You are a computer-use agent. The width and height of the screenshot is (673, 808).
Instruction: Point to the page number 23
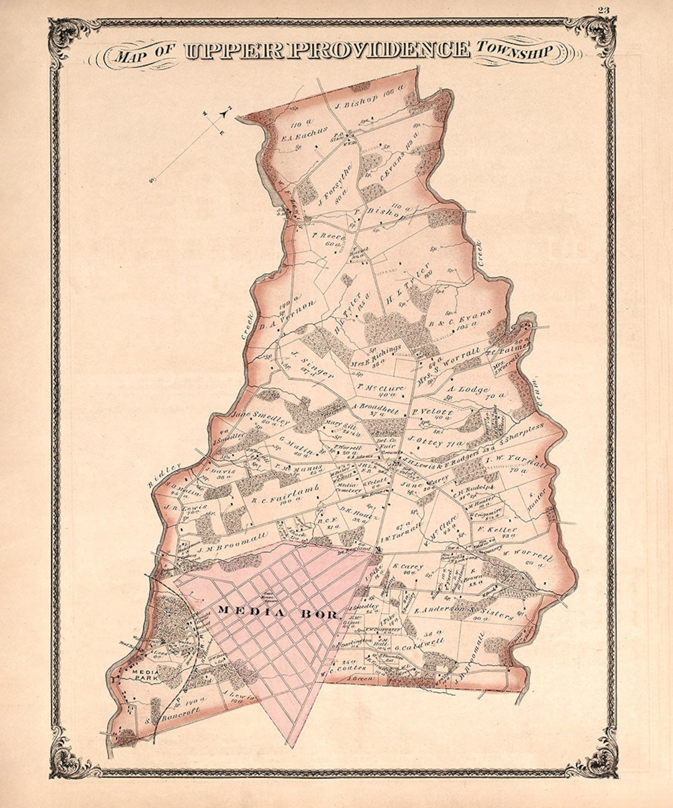[x=603, y=9]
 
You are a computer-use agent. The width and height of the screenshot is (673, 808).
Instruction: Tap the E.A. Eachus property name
[x=304, y=134]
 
